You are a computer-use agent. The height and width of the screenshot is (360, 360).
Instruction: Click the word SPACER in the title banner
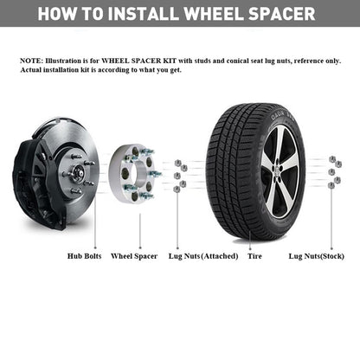(281, 14)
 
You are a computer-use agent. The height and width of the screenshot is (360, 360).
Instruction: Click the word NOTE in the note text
(30, 61)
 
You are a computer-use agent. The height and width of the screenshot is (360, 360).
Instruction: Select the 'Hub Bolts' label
(84, 256)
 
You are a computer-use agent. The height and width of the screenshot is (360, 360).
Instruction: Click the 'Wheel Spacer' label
(134, 256)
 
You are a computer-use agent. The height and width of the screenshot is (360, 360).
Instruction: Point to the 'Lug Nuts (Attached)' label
(203, 256)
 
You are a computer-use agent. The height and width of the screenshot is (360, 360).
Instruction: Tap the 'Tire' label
(254, 256)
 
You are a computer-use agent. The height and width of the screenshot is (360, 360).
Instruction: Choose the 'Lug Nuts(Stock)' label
(317, 256)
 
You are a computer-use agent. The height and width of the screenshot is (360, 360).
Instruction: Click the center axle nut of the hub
(79, 173)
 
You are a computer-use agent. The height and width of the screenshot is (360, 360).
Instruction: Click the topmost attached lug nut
(177, 164)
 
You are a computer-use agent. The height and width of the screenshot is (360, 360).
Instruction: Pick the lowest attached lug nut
(177, 189)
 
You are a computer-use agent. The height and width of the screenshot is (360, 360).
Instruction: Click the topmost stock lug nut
(332, 158)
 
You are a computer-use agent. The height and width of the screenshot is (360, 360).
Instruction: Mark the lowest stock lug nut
(331, 185)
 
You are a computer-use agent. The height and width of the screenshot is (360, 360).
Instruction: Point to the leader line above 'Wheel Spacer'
(140, 231)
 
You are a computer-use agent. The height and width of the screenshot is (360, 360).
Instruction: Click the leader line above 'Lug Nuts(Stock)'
(331, 218)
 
